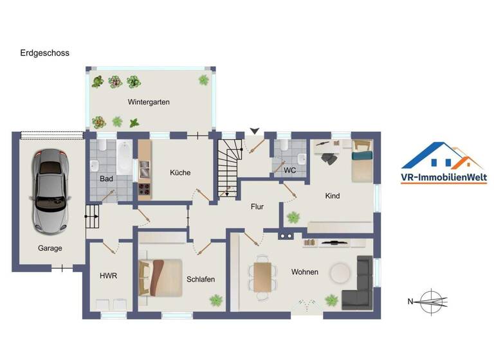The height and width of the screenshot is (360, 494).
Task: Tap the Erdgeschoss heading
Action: [44, 53]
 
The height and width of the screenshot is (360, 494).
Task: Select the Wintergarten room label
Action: [149, 102]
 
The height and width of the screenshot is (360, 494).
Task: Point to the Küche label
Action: [180, 172]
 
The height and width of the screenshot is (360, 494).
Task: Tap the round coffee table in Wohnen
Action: [340, 273]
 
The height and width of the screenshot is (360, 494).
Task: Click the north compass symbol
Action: [430, 300]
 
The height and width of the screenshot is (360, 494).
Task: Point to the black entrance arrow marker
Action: [255, 131]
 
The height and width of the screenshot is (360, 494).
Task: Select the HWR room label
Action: [108, 276]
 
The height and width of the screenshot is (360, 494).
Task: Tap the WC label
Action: [289, 172]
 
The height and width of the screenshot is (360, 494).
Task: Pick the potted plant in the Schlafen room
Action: [216, 300]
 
